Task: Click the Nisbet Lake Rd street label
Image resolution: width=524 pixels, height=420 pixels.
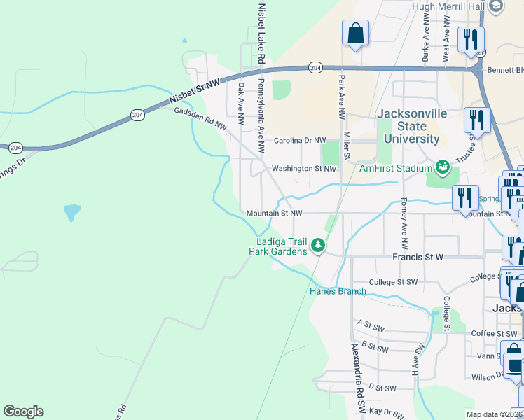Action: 261,34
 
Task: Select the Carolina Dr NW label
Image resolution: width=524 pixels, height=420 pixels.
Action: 300,140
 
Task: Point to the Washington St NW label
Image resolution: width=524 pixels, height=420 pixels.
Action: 304,169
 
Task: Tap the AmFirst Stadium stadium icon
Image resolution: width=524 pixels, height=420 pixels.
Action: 442,167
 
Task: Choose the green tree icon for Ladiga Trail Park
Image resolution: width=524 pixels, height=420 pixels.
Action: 318,246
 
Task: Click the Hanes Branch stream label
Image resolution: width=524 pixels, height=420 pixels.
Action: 338,291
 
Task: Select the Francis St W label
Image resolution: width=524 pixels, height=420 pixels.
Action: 418,258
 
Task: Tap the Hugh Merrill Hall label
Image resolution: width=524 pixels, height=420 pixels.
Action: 448,6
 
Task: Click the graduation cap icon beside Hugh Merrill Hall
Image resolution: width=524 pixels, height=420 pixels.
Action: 496,6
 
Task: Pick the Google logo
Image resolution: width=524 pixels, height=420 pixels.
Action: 23,412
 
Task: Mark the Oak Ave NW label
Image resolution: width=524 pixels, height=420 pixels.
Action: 240,105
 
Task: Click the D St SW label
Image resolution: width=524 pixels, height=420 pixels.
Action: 382,388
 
